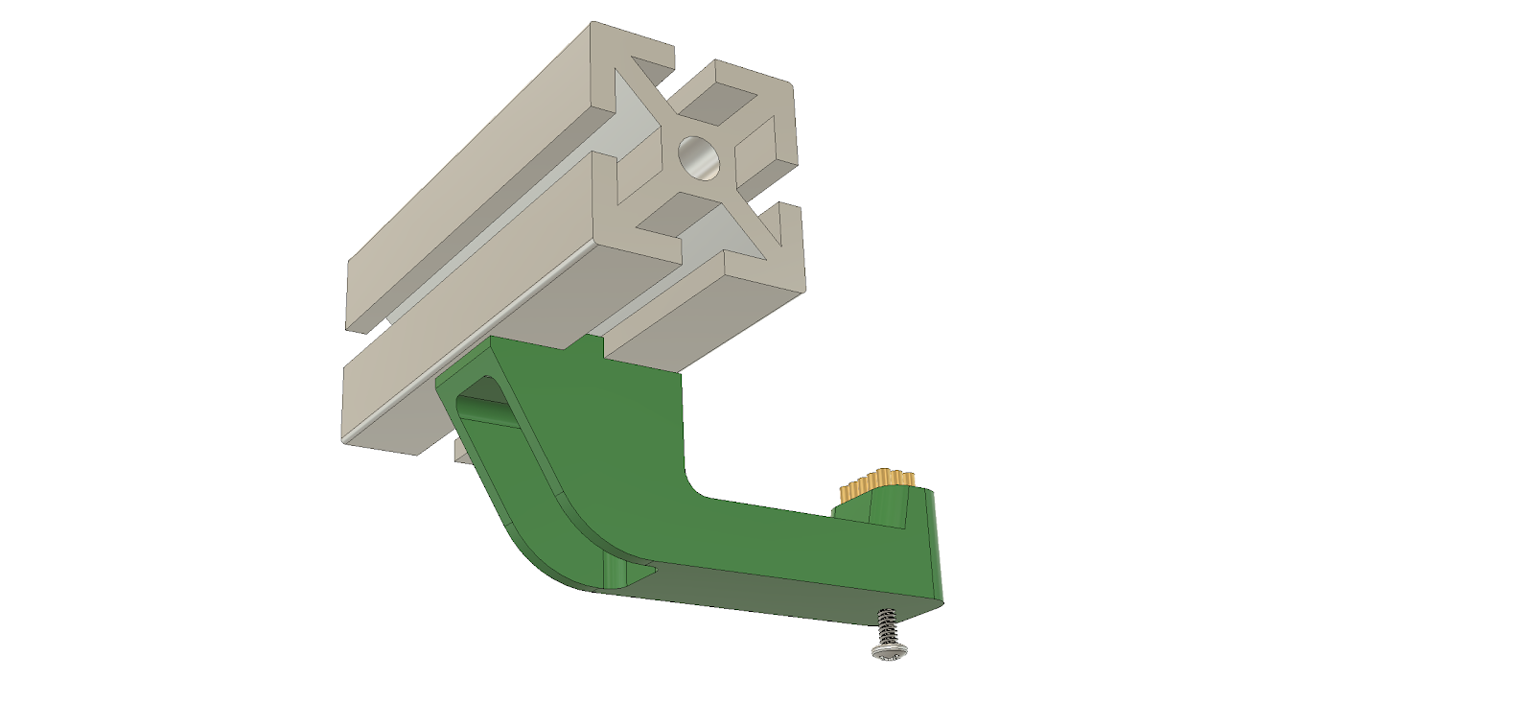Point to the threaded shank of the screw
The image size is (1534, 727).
(x=886, y=627)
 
